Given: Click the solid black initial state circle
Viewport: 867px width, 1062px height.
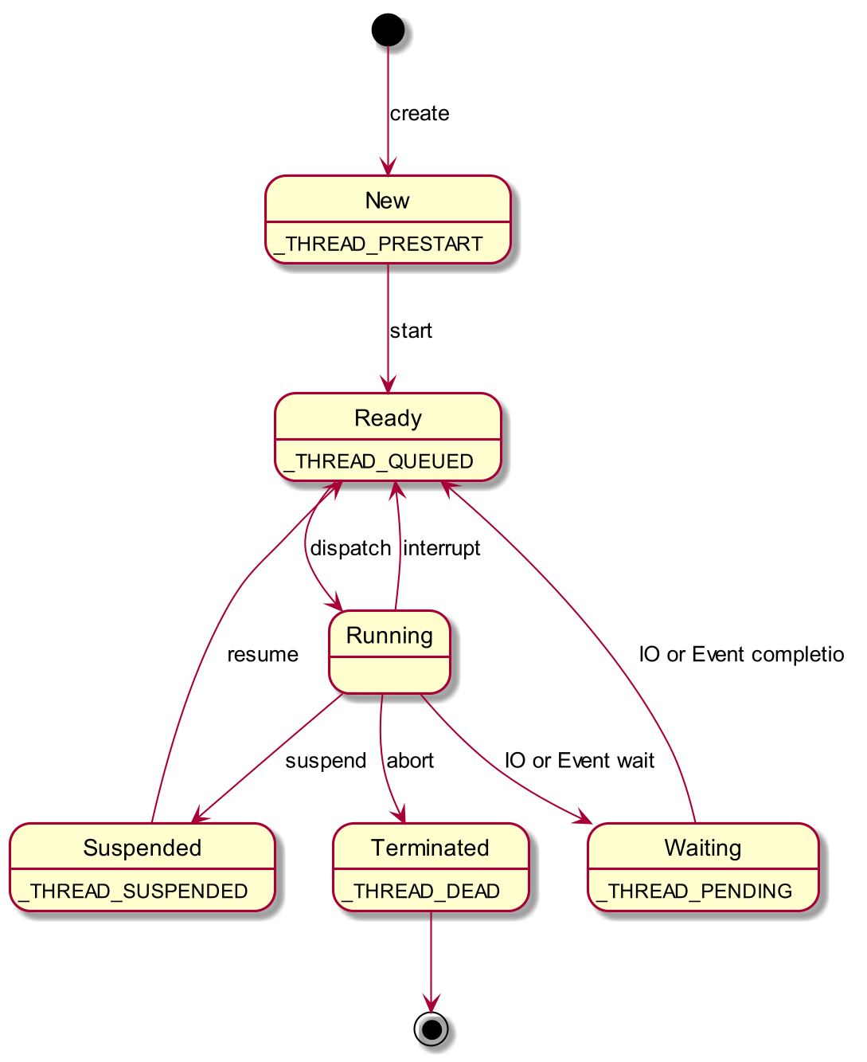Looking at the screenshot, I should click(388, 29).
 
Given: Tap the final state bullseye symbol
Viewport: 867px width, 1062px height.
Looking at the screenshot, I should click(431, 1029).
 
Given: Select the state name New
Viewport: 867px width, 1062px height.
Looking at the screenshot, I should click(387, 201).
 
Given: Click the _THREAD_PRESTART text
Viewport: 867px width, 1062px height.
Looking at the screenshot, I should click(377, 244).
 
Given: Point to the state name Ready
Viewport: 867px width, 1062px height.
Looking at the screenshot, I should click(388, 418).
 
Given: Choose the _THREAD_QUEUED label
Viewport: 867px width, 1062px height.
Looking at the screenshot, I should click(378, 461).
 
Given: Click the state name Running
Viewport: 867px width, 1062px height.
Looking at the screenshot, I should click(389, 636).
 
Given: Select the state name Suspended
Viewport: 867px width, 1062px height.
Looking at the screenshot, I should click(143, 848).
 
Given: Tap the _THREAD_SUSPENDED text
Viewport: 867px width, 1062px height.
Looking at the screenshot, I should click(133, 892).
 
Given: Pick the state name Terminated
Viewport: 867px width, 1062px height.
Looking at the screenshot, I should click(430, 848).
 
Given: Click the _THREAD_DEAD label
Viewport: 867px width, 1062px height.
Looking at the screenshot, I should click(420, 892).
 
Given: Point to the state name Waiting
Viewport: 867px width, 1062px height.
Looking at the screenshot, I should click(703, 848).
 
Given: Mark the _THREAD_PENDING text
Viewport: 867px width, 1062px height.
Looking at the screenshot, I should click(693, 892).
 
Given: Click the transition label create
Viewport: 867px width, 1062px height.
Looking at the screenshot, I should click(420, 114).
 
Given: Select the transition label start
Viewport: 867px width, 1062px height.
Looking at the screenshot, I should click(411, 331).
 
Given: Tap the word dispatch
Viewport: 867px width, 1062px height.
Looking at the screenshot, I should click(350, 548).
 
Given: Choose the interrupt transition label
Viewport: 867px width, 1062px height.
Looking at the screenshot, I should click(442, 548).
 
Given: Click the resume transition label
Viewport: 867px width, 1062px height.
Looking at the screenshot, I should click(263, 655).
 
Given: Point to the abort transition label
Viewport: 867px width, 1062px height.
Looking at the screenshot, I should click(410, 761).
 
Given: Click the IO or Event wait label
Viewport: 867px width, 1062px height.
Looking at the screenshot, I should click(580, 761).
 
